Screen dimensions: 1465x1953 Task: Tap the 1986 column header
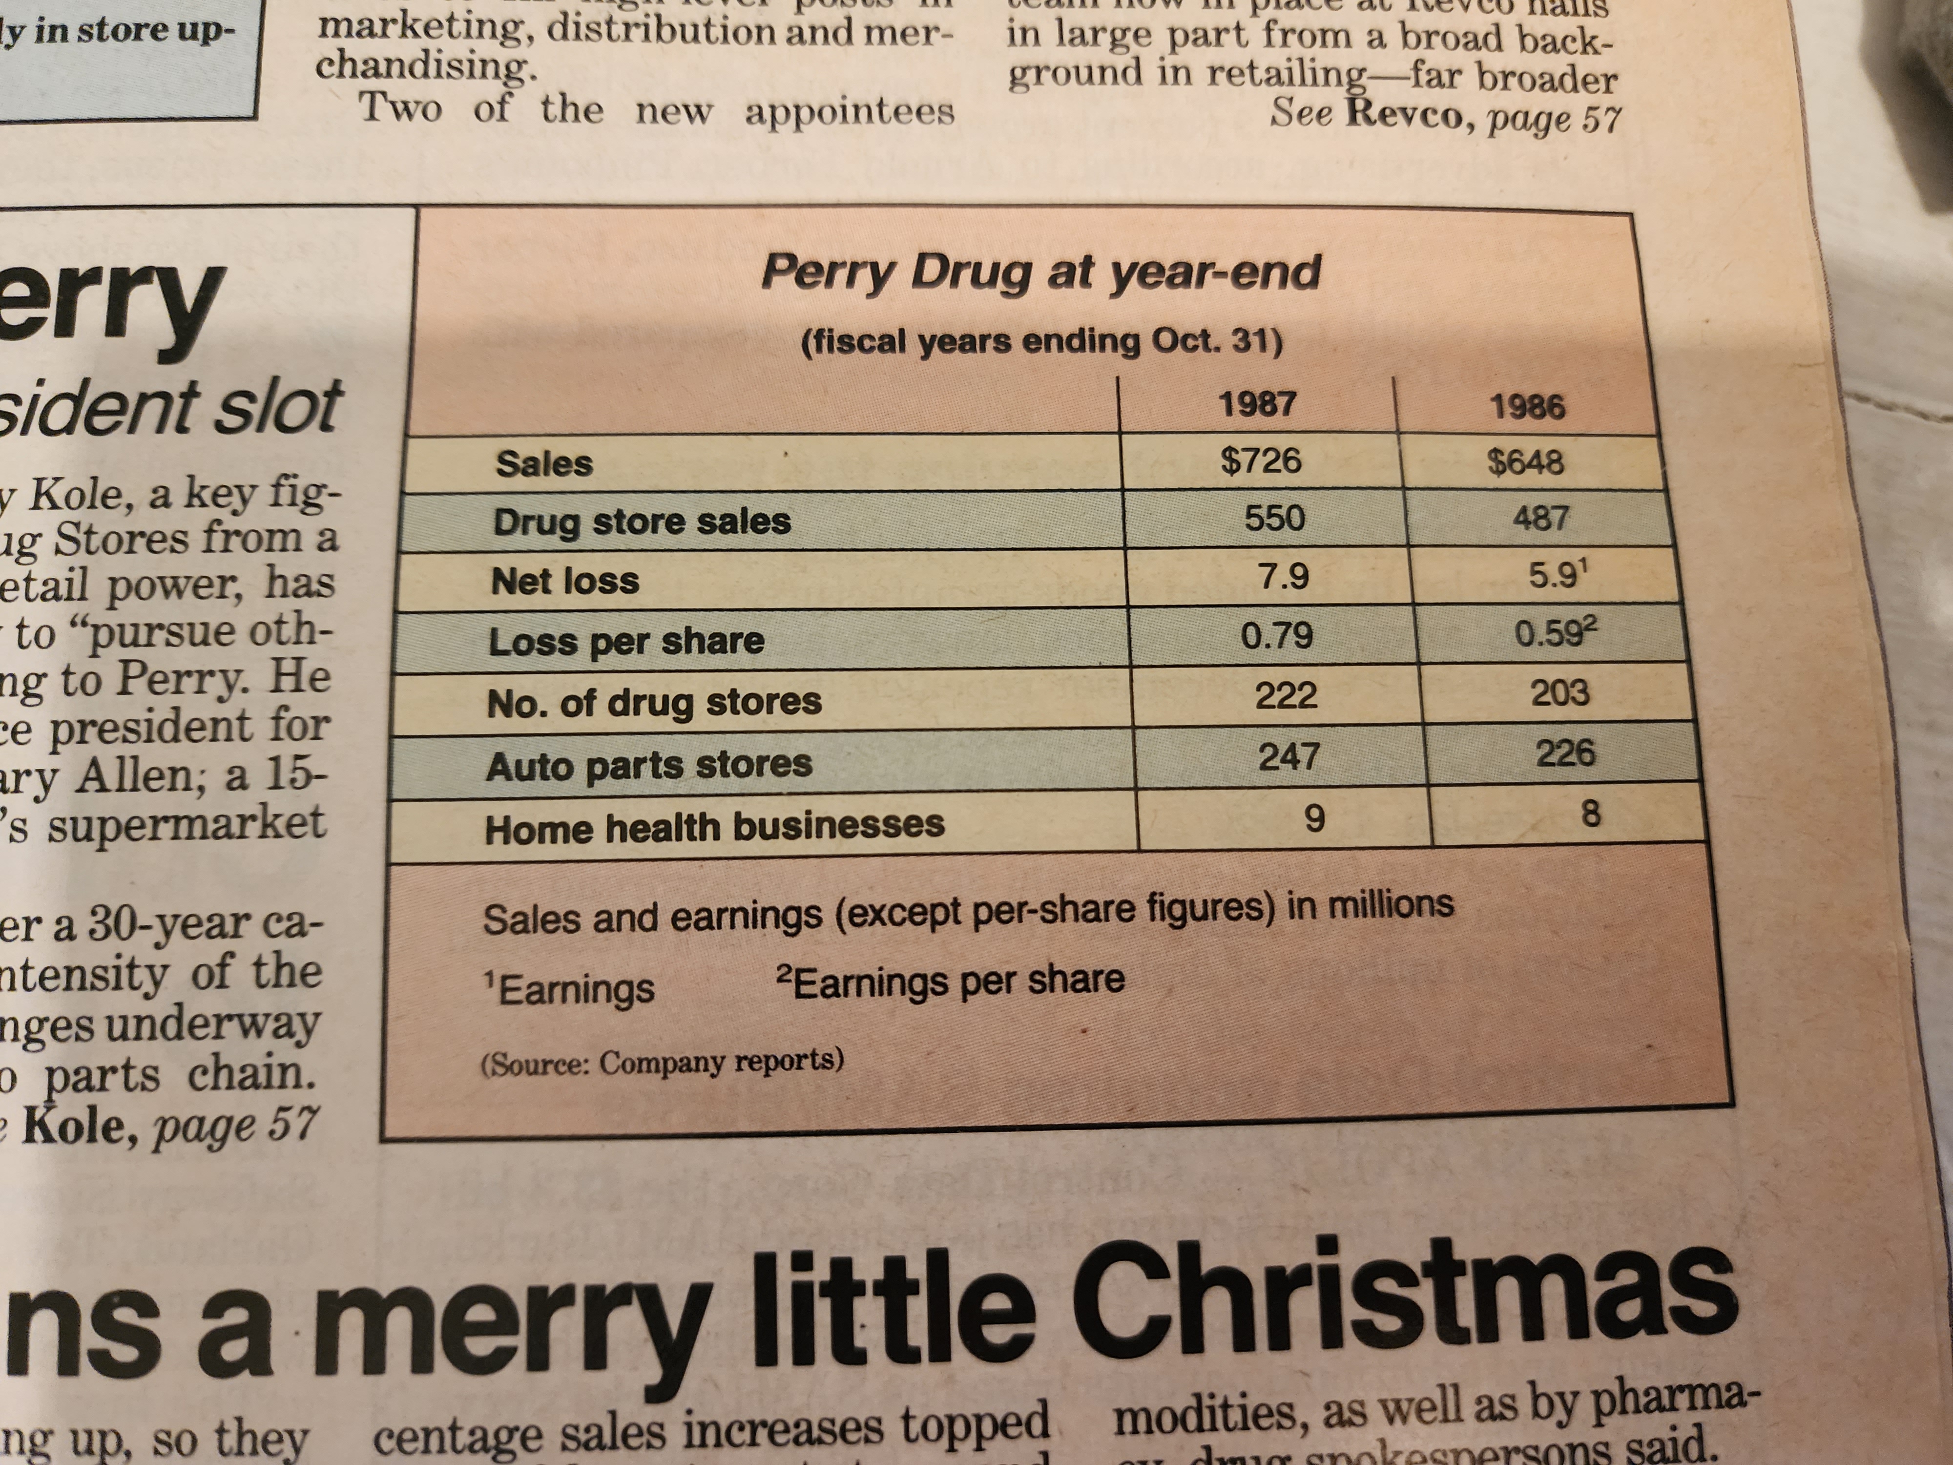pos(1527,407)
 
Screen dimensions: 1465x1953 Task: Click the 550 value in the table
pos(1274,518)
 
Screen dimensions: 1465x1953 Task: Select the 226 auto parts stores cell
pos(1564,753)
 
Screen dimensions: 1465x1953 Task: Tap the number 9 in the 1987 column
pos(1314,818)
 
